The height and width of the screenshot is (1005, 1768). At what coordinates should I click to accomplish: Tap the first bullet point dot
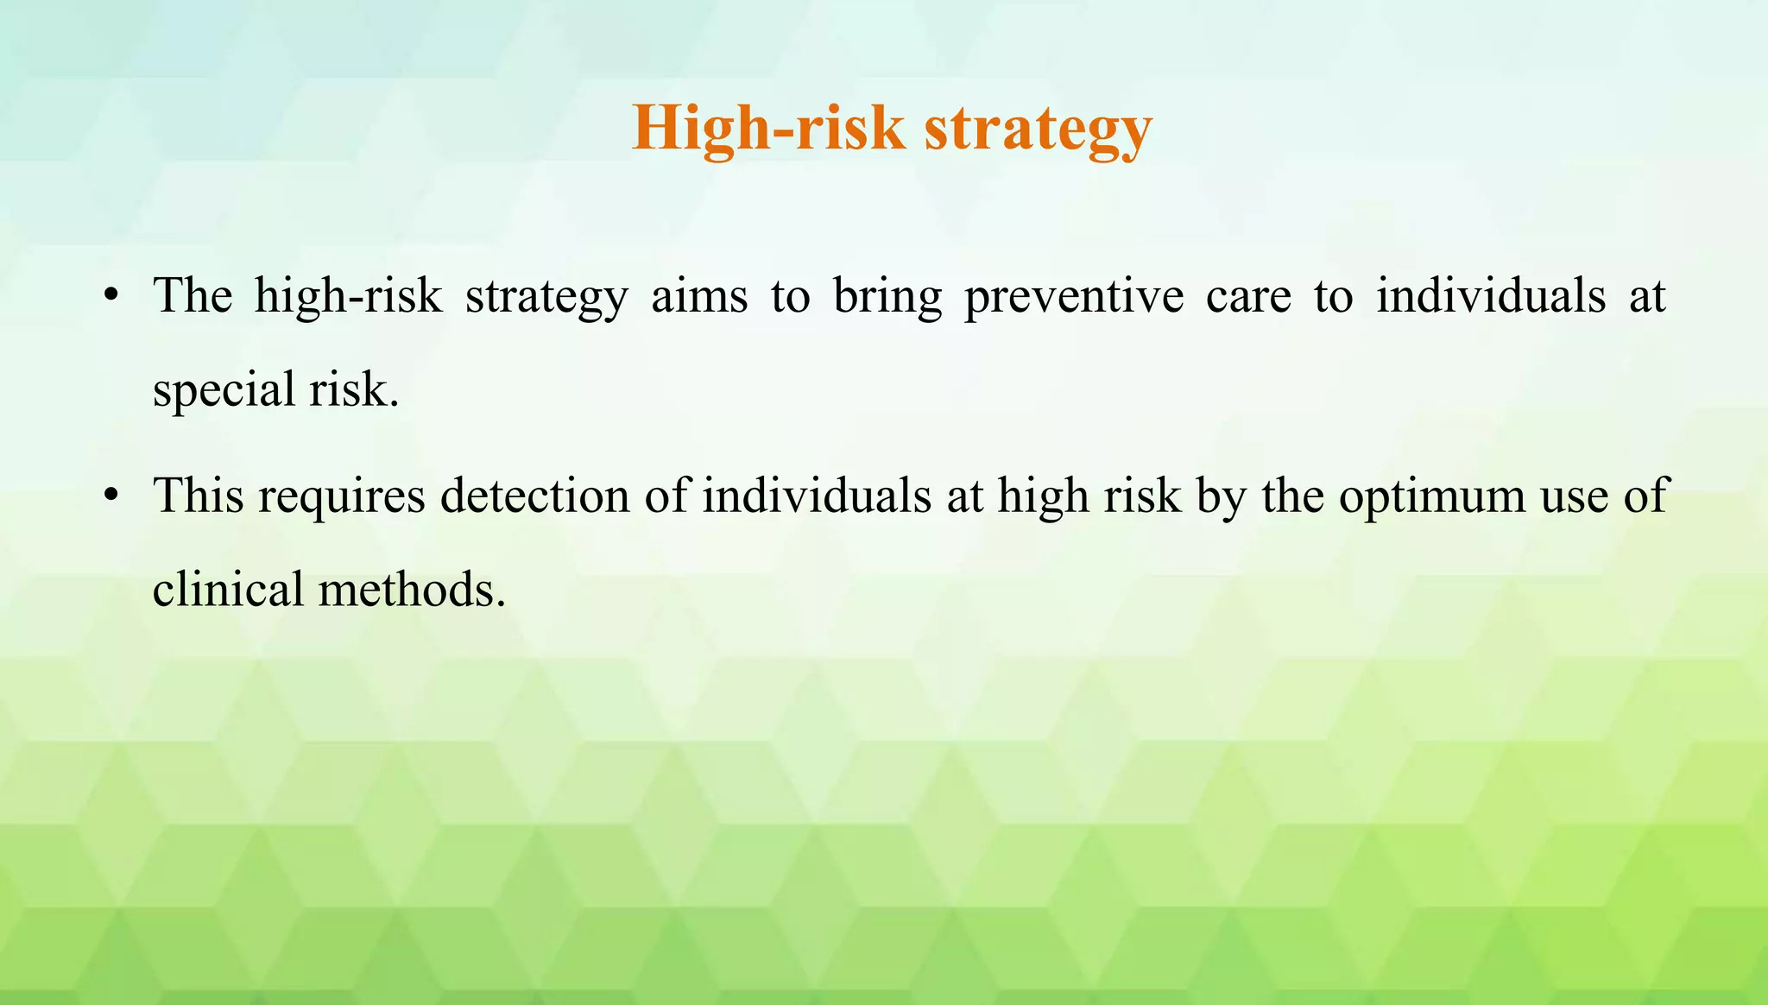tap(110, 296)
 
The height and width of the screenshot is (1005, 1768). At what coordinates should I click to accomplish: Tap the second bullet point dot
tap(110, 496)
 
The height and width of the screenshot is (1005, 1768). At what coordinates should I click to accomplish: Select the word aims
tap(699, 296)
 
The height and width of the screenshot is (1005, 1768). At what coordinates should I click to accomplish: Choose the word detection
tap(534, 496)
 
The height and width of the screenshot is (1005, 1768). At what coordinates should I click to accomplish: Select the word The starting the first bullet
tap(193, 296)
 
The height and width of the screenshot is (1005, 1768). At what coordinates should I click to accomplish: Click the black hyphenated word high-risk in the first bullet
tap(348, 296)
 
